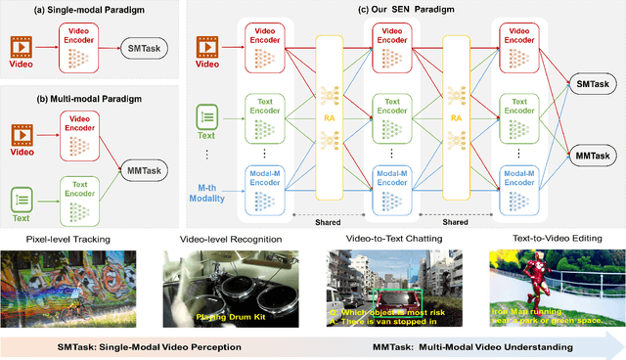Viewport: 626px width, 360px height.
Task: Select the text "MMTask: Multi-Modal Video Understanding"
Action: (475, 346)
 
